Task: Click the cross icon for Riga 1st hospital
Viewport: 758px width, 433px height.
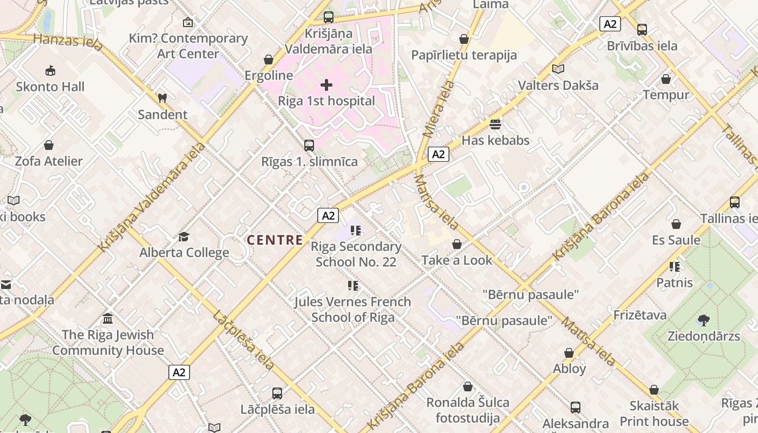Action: pos(326,85)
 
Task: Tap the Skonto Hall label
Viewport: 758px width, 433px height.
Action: pos(50,87)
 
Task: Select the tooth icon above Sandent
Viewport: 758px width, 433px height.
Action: pos(161,99)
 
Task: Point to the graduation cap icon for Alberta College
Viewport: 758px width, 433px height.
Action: pos(184,237)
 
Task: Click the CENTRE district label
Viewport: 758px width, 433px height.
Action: pos(275,240)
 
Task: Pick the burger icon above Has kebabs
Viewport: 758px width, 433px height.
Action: pos(495,124)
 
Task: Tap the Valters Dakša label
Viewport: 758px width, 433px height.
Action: pos(558,86)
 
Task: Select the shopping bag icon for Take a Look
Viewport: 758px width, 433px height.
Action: pos(457,245)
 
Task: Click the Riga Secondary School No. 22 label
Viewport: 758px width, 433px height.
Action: pos(356,254)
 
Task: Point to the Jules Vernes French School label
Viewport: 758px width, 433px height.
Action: pos(352,309)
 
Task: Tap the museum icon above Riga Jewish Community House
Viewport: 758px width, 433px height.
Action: pos(108,319)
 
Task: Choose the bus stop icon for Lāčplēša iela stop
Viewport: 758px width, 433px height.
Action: pos(277,393)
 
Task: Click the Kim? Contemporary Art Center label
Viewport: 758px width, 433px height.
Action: pos(188,46)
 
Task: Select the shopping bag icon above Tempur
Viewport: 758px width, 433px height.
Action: pos(666,79)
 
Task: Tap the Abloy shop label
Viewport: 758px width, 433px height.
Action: pos(569,369)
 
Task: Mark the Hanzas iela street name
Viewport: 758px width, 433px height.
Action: pos(68,42)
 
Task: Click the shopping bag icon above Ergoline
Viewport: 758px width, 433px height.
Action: pos(269,60)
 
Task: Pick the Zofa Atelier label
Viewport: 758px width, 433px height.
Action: pos(49,161)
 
